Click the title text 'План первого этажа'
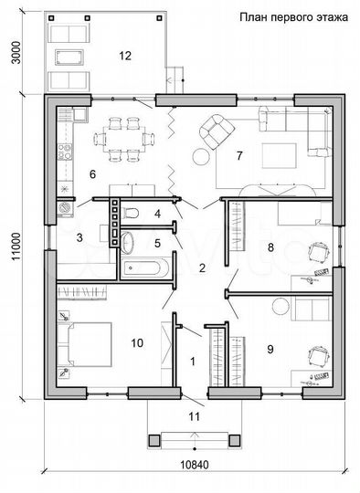tap(293, 17)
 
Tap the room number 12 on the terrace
tap(125, 56)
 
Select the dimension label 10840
tap(195, 465)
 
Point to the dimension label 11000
tap(16, 246)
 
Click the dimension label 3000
tap(16, 53)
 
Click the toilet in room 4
tap(130, 213)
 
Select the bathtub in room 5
tap(145, 268)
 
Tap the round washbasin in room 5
tap(127, 243)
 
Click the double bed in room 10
tap(85, 344)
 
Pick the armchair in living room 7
tap(217, 131)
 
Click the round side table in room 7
tap(201, 157)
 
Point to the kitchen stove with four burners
tap(65, 152)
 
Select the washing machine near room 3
tap(65, 208)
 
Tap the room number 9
tap(270, 350)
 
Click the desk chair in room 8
tap(320, 252)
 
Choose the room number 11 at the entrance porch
tap(194, 416)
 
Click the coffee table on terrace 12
tap(69, 57)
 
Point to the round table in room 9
tap(281, 306)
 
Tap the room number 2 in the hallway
tap(202, 267)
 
